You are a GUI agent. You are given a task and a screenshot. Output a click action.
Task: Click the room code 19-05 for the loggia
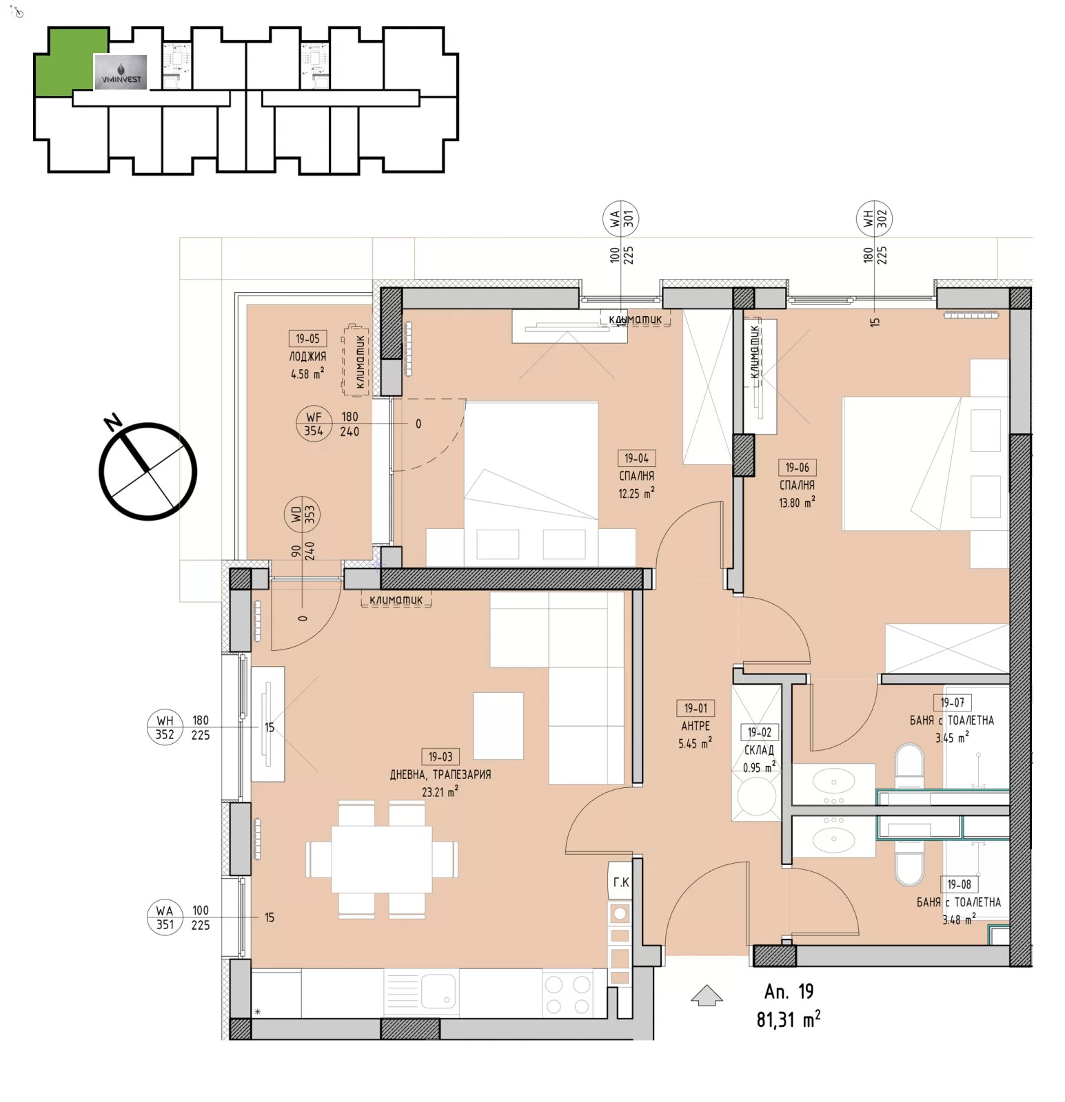pyautogui.click(x=307, y=338)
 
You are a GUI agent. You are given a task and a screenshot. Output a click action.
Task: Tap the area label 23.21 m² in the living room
pyautogui.click(x=440, y=792)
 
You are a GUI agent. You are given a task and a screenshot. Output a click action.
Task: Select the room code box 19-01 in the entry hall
pyautogui.click(x=696, y=708)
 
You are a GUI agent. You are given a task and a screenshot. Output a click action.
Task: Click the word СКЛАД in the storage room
pyautogui.click(x=759, y=750)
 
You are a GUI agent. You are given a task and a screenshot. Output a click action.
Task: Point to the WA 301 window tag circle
pyautogui.click(x=620, y=218)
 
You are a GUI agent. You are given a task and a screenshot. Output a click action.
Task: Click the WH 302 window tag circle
pyautogui.click(x=874, y=218)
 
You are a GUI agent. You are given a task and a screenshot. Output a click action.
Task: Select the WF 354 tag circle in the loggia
pyautogui.click(x=314, y=424)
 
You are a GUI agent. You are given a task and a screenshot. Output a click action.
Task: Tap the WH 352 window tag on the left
pyautogui.click(x=165, y=727)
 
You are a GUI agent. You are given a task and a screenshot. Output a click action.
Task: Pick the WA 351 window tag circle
pyautogui.click(x=165, y=917)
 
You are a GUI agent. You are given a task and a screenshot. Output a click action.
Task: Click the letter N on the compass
pyautogui.click(x=112, y=422)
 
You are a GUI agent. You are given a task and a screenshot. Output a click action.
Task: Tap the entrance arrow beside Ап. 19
pyautogui.click(x=707, y=996)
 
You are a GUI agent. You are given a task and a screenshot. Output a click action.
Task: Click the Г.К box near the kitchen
pyautogui.click(x=620, y=882)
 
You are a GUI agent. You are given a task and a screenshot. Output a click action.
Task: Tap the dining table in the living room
pyautogui.click(x=382, y=859)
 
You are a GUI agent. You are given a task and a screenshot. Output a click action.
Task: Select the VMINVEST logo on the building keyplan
pyautogui.click(x=121, y=72)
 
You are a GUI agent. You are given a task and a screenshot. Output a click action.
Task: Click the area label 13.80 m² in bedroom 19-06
pyautogui.click(x=796, y=503)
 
